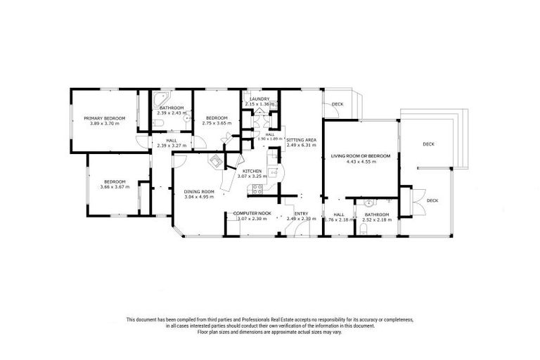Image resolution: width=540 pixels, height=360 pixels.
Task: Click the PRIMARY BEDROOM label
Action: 104,118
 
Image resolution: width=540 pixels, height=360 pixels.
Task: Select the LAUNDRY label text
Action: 259,99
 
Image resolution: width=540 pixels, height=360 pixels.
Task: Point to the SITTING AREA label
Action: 301,140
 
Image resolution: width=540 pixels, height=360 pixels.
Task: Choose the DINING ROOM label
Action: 198,192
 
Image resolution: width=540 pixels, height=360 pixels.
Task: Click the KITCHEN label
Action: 252,172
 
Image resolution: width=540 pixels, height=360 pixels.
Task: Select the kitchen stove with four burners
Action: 257,188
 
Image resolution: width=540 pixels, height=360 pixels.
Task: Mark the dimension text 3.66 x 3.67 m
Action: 114,186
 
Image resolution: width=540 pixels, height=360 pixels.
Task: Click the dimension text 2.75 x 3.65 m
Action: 216,123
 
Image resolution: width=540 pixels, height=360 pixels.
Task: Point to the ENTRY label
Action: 301,213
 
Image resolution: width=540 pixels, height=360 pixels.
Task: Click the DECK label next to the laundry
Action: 337,105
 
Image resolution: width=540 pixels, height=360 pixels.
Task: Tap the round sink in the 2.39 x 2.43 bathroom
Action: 187,118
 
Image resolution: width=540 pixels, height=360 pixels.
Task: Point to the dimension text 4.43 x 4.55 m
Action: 361,162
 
